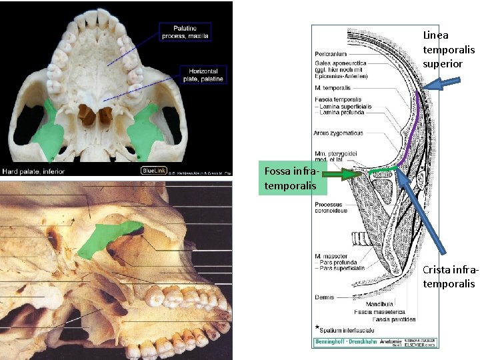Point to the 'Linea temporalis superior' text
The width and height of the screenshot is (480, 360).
(449, 49)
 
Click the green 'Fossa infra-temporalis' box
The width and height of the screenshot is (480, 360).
(291, 178)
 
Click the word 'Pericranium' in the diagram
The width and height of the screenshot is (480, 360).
(331, 53)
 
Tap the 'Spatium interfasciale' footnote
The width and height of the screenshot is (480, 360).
(343, 329)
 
